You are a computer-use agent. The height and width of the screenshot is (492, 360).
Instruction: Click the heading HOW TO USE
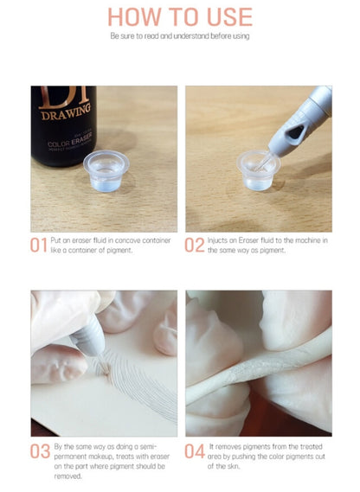coord(180,16)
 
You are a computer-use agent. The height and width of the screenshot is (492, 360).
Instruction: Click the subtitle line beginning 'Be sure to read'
coord(180,36)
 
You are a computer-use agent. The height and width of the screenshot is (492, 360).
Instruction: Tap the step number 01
coord(38,245)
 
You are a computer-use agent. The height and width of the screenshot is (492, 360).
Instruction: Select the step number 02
coord(194,245)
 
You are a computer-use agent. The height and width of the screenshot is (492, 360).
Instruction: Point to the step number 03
coord(40,451)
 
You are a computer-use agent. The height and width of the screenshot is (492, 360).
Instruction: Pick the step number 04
coord(195,451)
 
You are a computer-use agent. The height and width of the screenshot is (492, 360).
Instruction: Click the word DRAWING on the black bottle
coord(67,112)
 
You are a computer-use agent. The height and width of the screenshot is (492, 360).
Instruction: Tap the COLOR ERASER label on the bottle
coord(70,140)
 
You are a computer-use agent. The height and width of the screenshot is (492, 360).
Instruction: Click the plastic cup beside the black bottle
coord(106,170)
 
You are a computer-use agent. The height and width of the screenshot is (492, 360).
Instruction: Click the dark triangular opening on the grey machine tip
coord(295,132)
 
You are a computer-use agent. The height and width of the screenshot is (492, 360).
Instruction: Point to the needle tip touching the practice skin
coord(106,367)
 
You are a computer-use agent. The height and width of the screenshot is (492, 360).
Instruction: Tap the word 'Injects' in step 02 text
coord(218,240)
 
